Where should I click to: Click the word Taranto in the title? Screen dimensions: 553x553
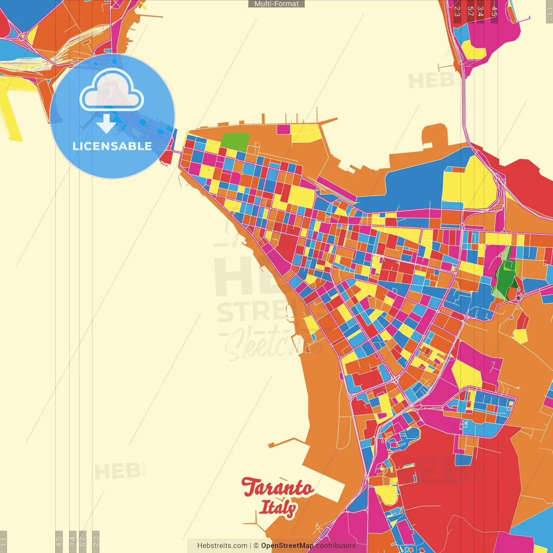pos(277,487)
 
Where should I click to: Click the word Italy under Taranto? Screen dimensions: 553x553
pos(278,508)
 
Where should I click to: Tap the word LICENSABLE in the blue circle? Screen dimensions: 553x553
pos(112,146)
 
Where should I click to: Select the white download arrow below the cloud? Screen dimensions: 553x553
pos(106,124)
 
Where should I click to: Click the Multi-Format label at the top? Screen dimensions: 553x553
pos(276,4)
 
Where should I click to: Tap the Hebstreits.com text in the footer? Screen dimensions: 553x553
pos(222,546)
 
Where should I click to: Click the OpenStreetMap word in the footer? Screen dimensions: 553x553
pos(287,546)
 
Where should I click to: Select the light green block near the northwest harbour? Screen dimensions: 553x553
pos(235,142)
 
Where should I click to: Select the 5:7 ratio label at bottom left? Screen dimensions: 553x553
pos(83,540)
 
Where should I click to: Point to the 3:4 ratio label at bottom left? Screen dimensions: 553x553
pos(73,540)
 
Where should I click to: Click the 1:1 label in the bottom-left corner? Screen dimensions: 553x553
pos(3,540)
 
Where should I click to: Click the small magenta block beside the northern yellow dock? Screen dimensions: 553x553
pos(283,129)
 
